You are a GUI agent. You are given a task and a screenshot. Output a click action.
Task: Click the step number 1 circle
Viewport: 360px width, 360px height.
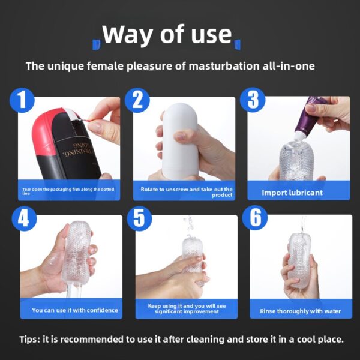point(22,100)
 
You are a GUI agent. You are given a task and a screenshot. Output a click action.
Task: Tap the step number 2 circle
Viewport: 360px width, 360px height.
point(137,100)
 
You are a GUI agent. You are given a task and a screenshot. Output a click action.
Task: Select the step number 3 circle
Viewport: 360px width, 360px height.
point(253,100)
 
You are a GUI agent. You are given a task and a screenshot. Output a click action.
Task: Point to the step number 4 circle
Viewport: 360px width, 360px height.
point(24,219)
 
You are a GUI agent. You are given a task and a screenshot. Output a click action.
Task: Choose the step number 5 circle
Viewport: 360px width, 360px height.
point(139,218)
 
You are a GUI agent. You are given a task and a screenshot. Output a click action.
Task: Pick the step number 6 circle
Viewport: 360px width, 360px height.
point(255,218)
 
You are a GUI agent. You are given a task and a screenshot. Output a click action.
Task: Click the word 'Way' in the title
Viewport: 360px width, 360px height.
point(127,34)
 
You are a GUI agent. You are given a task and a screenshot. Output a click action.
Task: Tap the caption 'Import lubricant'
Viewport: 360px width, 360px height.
point(292,193)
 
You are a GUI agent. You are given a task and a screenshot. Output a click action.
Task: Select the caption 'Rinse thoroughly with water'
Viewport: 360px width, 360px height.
point(301,311)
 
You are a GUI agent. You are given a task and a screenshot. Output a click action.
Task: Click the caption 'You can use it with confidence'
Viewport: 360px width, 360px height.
point(75,310)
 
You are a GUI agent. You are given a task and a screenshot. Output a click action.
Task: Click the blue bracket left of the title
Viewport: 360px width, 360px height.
point(96,44)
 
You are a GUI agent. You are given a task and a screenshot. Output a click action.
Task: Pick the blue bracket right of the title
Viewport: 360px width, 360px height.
point(237,44)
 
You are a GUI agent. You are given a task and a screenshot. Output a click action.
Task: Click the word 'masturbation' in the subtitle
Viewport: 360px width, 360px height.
point(224,66)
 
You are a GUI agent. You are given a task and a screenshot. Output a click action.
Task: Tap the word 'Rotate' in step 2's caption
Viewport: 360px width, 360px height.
point(149,190)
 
